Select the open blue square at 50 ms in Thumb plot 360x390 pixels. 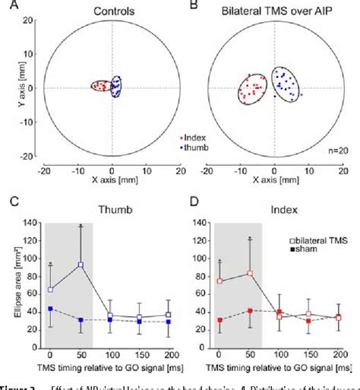(80, 265)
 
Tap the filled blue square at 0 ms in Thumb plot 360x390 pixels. (50, 309)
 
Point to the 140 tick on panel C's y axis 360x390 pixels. (30, 224)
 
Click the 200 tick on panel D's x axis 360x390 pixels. (338, 356)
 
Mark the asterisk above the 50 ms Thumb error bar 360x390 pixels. (80, 226)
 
